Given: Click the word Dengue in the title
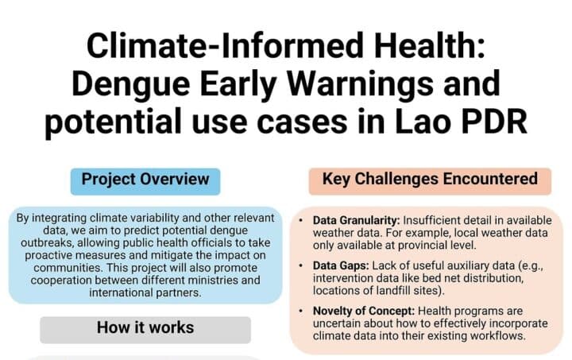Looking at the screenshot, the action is click(x=130, y=85).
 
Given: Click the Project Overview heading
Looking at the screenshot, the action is click(x=145, y=180).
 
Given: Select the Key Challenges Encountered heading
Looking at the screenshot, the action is click(x=430, y=179).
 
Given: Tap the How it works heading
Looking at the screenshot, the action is click(x=145, y=327).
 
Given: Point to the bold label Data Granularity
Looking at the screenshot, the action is click(x=357, y=221).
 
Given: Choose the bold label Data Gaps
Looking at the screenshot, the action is click(x=341, y=266).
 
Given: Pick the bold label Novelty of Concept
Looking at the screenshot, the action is click(x=364, y=311).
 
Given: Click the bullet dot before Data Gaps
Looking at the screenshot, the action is click(x=300, y=265).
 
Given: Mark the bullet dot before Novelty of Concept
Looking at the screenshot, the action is click(x=300, y=311).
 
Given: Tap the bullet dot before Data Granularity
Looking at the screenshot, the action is click(x=300, y=220).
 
